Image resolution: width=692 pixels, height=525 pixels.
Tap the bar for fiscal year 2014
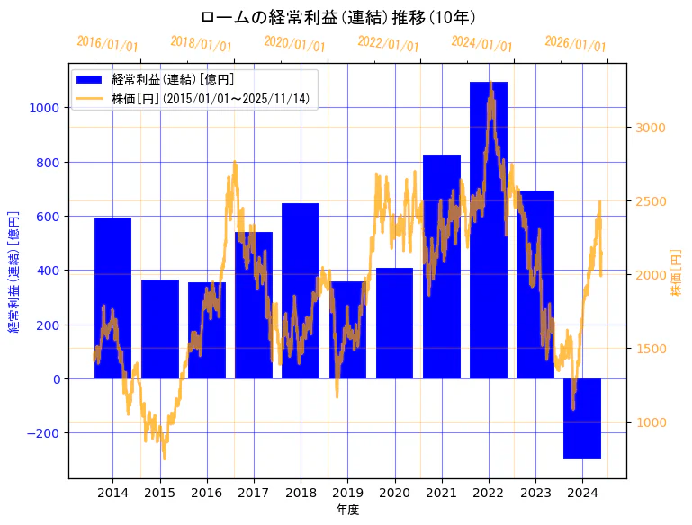pyautogui.click(x=112, y=298)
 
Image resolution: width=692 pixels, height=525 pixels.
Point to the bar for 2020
pyautogui.click(x=394, y=323)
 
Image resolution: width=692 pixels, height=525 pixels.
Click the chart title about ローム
pyautogui.click(x=337, y=18)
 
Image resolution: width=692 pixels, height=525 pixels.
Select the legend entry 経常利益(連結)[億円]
pyautogui.click(x=171, y=80)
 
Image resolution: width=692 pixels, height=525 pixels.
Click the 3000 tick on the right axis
pyautogui.click(x=651, y=128)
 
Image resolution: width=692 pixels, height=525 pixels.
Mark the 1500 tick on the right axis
pyautogui.click(x=651, y=349)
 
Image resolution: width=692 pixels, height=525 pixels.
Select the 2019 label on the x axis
pyautogui.click(x=347, y=493)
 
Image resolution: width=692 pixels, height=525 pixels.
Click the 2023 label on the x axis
pyautogui.click(x=535, y=493)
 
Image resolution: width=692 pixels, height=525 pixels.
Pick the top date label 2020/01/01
pyautogui.click(x=294, y=44)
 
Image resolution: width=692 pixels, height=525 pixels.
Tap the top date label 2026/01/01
pyautogui.click(x=575, y=44)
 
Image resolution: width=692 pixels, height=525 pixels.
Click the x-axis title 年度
pyautogui.click(x=347, y=510)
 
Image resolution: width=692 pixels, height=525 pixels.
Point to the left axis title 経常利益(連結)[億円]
pyautogui.click(x=13, y=271)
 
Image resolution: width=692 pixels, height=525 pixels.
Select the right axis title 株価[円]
pyautogui.click(x=676, y=271)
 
